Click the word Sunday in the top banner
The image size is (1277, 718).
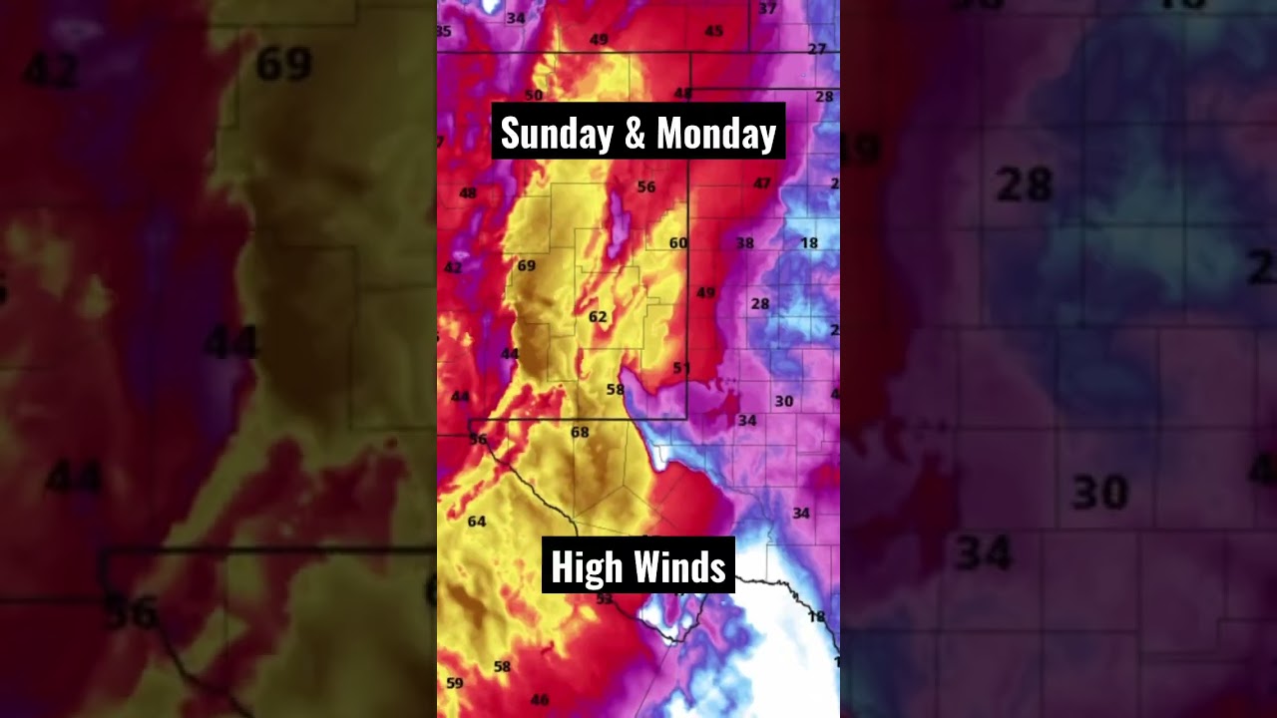(557, 134)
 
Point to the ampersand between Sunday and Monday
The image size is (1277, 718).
(636, 134)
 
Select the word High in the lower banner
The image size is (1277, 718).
(581, 568)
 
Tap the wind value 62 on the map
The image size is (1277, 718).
(598, 317)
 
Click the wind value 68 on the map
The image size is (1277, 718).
(580, 432)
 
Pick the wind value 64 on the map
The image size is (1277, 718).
(477, 522)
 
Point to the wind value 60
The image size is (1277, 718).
(678, 242)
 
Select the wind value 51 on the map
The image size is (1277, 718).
(681, 368)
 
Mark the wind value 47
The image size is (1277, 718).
(762, 183)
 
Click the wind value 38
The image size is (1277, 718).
(745, 243)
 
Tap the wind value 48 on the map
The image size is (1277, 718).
(467, 193)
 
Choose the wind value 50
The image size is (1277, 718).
(534, 96)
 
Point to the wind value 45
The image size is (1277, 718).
(713, 32)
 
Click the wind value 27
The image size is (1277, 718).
(817, 49)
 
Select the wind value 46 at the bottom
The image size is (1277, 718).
(540, 700)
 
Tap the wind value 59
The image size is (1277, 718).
(455, 683)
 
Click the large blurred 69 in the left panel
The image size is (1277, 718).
(283, 66)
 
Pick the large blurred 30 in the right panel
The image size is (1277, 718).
(1099, 492)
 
